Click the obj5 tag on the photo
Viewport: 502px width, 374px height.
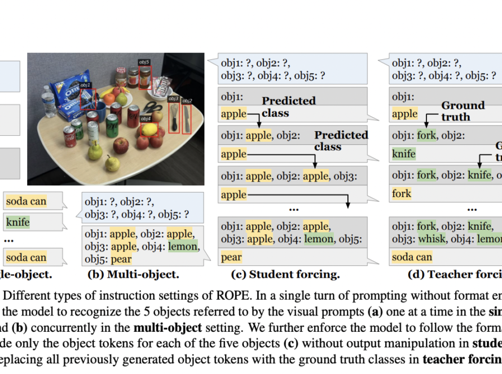[x=144, y=61]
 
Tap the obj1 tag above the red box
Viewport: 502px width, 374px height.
[x=86, y=84]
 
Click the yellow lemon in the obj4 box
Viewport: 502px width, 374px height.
[x=149, y=129]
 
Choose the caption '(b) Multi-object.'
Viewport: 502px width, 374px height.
[x=133, y=275]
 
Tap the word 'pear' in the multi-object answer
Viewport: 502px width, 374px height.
[x=121, y=259]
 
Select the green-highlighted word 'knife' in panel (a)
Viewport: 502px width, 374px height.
[x=17, y=222]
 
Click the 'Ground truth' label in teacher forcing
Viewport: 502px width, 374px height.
[x=463, y=111]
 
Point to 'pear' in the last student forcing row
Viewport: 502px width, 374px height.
[x=231, y=257]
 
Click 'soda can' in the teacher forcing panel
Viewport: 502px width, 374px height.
[x=412, y=257]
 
